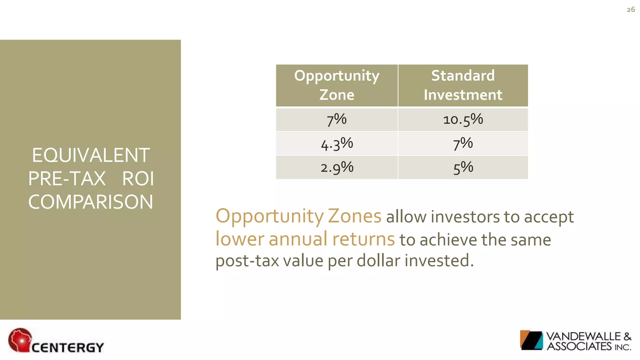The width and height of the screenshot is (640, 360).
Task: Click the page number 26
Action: point(631,10)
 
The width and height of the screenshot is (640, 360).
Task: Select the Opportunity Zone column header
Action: point(337,85)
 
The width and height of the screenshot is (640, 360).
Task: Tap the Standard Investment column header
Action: point(463,85)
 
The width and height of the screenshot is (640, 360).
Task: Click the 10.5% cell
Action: point(463,120)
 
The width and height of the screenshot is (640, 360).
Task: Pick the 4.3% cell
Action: point(337,144)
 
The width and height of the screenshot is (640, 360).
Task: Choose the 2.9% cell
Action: point(337,167)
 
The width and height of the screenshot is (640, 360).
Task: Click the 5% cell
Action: point(463,167)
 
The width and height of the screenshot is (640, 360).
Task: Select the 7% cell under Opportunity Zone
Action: point(337,120)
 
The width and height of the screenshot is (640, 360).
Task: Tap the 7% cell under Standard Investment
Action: point(463,144)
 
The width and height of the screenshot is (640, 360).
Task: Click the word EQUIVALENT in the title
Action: point(91,155)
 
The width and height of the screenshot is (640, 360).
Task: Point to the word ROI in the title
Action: point(138,179)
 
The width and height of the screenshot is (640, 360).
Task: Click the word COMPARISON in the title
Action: point(91,202)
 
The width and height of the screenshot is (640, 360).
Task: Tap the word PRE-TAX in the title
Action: point(67,179)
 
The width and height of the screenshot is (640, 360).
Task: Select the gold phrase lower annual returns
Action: point(305,239)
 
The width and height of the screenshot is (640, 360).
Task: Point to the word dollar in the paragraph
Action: point(378,261)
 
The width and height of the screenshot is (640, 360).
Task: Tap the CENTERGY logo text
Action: point(67,347)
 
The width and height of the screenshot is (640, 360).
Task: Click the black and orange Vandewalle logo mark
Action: point(531,340)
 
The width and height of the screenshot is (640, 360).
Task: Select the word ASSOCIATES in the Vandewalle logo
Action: point(579,346)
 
